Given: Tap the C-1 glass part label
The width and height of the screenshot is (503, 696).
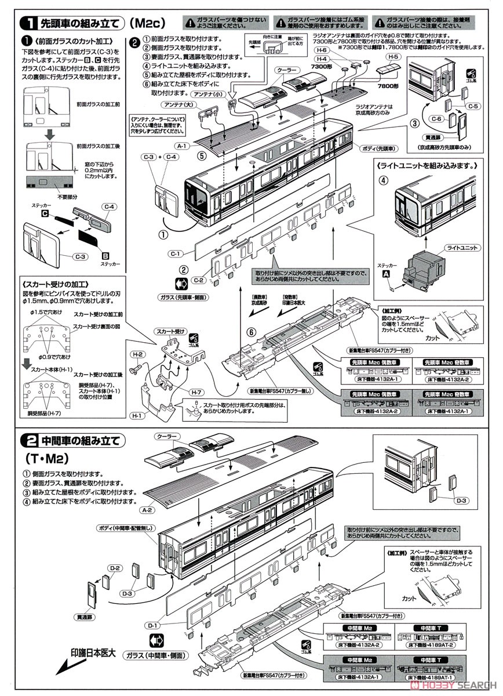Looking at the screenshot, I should pos(176,253).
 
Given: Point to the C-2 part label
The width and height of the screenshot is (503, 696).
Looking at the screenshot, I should pos(199,280).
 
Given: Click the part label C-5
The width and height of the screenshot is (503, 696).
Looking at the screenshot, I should pos(473,106).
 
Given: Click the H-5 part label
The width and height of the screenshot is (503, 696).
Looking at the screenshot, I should pos(394,57).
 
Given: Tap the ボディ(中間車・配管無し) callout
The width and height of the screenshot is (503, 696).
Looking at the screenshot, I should pos(129,528).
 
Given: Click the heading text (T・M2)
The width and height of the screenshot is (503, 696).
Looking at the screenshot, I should pos(49,458).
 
